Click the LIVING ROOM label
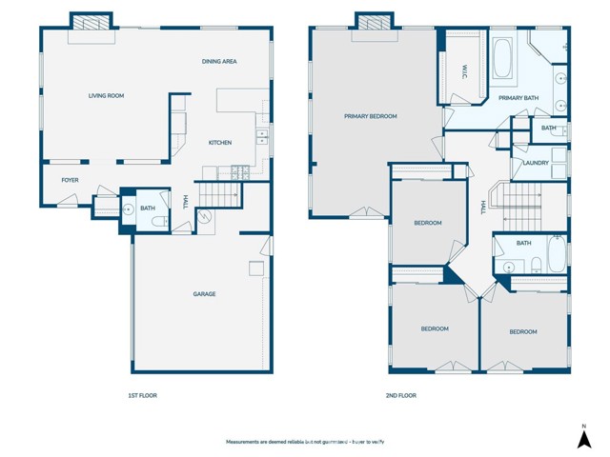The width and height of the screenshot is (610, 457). (x=107, y=95)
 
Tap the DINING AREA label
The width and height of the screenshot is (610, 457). (x=218, y=62)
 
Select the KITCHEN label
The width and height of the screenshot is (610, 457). (x=220, y=143)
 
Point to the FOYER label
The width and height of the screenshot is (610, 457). (x=70, y=180)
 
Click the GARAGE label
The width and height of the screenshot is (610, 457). (x=204, y=294)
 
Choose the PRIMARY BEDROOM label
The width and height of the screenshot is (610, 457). (x=370, y=116)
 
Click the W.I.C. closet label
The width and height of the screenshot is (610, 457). (x=463, y=71)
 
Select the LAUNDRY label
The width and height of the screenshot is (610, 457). (x=536, y=163)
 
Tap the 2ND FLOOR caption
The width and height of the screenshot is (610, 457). (x=401, y=395)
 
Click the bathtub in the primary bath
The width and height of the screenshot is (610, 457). (x=501, y=58)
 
